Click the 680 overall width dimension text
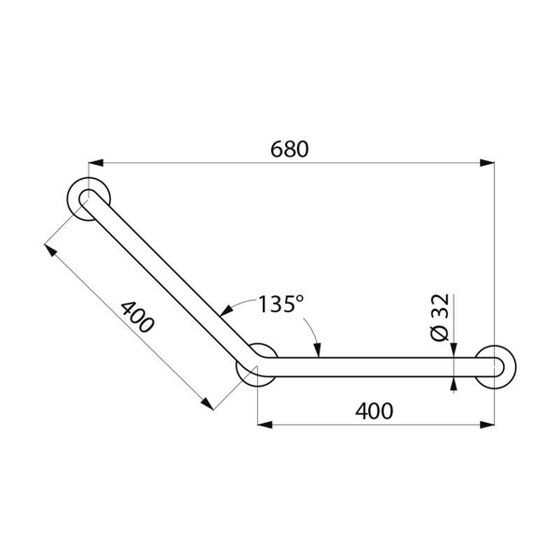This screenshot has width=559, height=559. (289, 148)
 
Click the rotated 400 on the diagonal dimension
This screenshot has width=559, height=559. (137, 320)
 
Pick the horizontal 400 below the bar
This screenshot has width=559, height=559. (373, 410)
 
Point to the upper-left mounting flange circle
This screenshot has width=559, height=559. (90, 198)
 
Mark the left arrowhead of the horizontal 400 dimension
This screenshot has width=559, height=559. (264, 425)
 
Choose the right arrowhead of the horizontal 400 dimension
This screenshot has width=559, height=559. (488, 425)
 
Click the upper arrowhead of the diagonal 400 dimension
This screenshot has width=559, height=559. (49, 250)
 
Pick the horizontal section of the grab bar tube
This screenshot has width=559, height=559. (373, 367)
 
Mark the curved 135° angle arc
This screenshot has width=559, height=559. (307, 321)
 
